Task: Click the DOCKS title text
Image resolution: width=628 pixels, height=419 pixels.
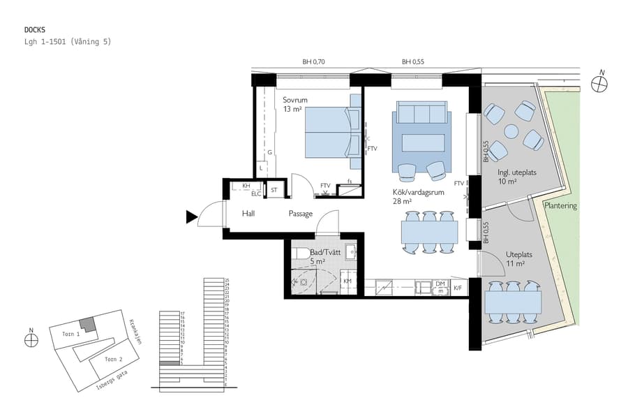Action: (x=35, y=30)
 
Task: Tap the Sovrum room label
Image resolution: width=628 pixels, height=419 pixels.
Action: (x=295, y=100)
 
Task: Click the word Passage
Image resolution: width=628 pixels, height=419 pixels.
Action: (x=301, y=214)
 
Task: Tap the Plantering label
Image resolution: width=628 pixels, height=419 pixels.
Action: (x=561, y=207)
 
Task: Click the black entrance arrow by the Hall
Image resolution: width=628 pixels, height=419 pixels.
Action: (x=191, y=217)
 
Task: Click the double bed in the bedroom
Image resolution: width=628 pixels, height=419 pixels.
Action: (x=327, y=132)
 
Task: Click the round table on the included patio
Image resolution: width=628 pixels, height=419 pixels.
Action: (x=511, y=131)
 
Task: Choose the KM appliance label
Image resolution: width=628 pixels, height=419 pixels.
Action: (x=347, y=281)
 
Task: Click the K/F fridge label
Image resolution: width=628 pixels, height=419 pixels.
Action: (x=458, y=286)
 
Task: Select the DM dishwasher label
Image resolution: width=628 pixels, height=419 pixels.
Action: (x=440, y=284)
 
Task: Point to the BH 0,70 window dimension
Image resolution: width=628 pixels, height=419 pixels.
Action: (x=313, y=62)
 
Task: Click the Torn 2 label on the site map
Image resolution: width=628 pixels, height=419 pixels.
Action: (x=114, y=359)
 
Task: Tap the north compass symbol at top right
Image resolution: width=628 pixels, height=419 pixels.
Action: (x=599, y=83)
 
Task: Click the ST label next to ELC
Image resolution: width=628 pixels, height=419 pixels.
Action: (x=274, y=189)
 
